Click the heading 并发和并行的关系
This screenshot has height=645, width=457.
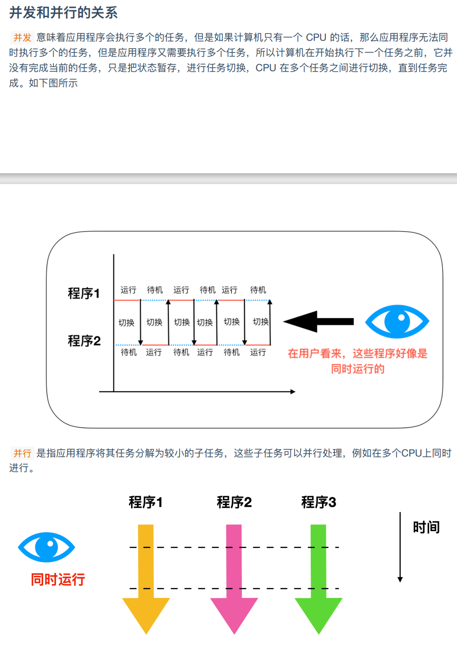click(x=63, y=12)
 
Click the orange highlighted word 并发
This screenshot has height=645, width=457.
click(x=22, y=37)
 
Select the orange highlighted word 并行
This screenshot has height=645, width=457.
click(x=22, y=453)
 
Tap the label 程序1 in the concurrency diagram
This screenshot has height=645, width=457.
click(x=84, y=294)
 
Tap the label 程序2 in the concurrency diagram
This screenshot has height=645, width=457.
click(x=84, y=341)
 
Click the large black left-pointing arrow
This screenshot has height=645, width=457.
click(x=318, y=322)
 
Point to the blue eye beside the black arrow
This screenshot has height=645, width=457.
click(x=397, y=322)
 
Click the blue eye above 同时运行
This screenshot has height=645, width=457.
click(x=47, y=547)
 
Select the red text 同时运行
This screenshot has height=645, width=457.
click(x=58, y=580)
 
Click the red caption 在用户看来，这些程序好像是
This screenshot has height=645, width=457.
click(x=357, y=353)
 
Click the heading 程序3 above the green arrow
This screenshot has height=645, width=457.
click(x=319, y=502)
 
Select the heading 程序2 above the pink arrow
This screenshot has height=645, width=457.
click(x=234, y=502)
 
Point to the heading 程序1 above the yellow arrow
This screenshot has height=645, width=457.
click(x=146, y=502)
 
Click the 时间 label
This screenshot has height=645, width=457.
click(x=426, y=528)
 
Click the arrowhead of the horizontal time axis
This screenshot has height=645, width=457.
click(x=293, y=392)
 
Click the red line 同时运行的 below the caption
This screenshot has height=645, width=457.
click(x=357, y=369)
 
